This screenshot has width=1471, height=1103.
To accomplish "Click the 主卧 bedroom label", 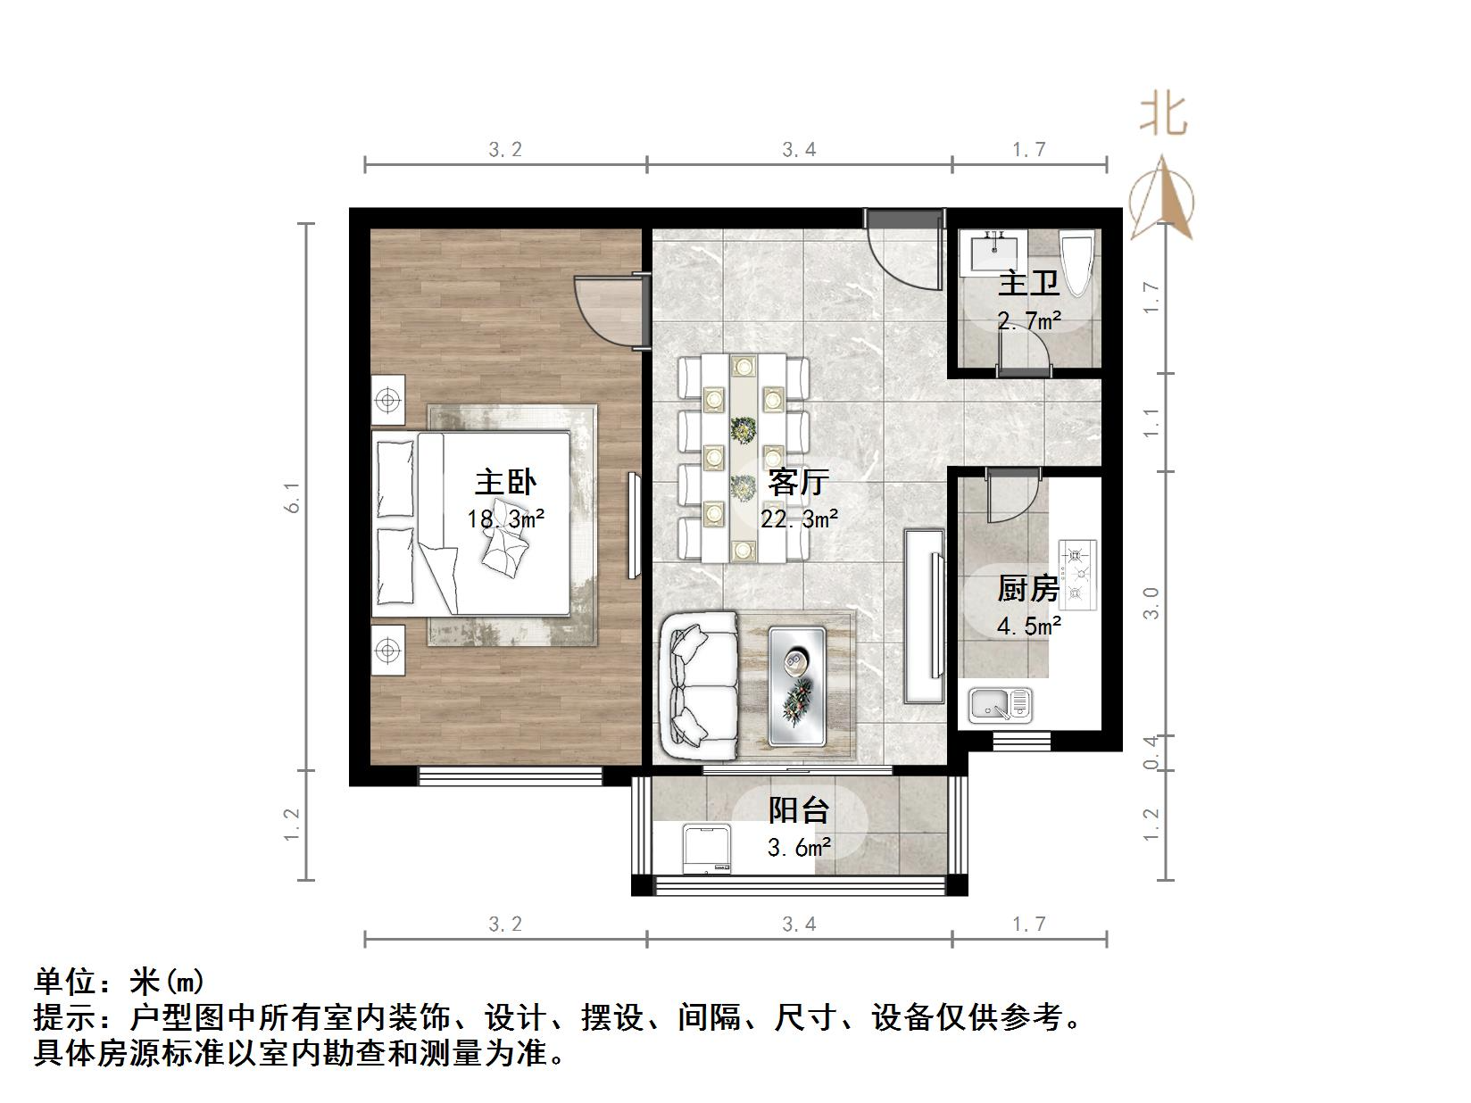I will [505, 483].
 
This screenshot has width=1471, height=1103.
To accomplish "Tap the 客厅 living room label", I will [798, 483].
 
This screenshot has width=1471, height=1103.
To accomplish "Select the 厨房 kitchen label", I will [1028, 589].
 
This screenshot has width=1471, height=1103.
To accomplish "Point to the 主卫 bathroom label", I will [1028, 284].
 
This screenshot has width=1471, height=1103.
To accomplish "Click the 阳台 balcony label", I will [799, 809].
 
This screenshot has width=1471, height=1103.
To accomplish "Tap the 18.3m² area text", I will [505, 518].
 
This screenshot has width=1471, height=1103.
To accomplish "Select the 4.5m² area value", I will [1028, 626].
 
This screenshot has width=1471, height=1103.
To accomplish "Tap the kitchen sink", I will [1000, 705].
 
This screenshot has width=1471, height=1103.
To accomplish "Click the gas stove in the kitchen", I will [1077, 575].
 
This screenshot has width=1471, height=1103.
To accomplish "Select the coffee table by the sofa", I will [797, 685].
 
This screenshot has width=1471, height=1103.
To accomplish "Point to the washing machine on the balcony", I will [707, 849].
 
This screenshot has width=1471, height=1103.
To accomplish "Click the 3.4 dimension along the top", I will [799, 150].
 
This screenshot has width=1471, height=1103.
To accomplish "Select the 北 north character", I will [1162, 115].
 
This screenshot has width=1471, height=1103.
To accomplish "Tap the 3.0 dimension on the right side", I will [1151, 603].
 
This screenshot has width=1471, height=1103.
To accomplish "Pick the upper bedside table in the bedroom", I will [387, 401].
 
